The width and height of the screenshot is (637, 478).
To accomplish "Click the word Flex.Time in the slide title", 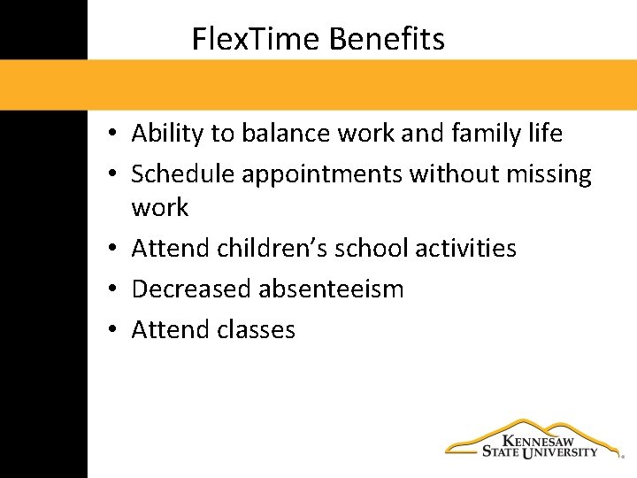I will click(x=257, y=39).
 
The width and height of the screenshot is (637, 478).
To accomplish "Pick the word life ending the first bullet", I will click(x=546, y=134).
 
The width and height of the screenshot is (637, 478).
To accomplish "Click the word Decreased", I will click(x=192, y=289).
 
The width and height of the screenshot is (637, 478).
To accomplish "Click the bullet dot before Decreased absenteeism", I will click(x=115, y=289).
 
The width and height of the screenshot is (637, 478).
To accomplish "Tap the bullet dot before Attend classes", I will click(x=115, y=330).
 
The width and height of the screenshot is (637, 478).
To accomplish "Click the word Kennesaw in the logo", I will click(x=538, y=440).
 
